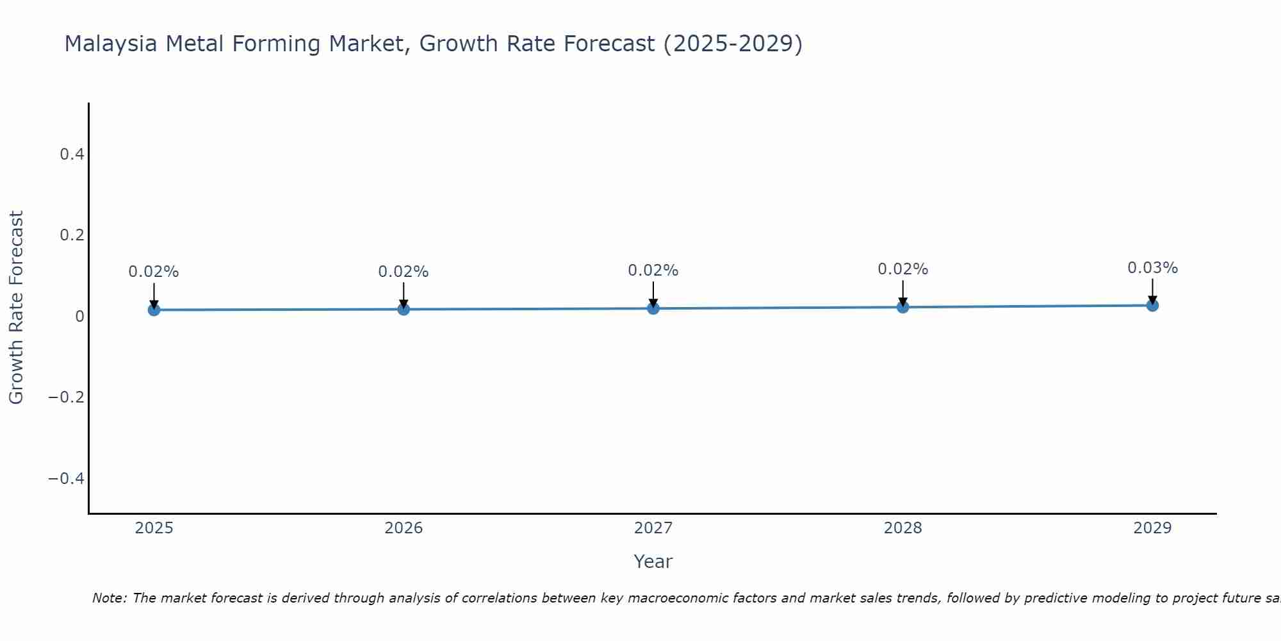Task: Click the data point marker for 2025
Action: coord(154,310)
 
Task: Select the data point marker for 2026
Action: coord(404,309)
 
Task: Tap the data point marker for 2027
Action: coord(653,308)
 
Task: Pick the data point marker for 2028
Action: coord(902,307)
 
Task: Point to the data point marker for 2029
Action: coord(1152,305)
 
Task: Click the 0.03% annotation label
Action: coord(1152,268)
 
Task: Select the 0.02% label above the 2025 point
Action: coord(154,272)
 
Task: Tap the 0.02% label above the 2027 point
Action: coord(653,271)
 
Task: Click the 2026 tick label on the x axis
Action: coord(404,528)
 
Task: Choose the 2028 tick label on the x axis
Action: coord(902,528)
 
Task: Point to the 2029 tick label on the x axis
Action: coord(1152,528)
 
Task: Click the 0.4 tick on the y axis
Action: coord(72,154)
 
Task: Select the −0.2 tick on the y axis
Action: coord(66,397)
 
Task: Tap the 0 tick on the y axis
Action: coord(79,316)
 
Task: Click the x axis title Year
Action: coord(653,562)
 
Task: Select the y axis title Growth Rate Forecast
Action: coord(16,307)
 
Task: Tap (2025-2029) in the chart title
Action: coord(733,44)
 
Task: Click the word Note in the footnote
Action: coord(109,598)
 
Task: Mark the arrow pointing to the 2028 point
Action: coord(902,293)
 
